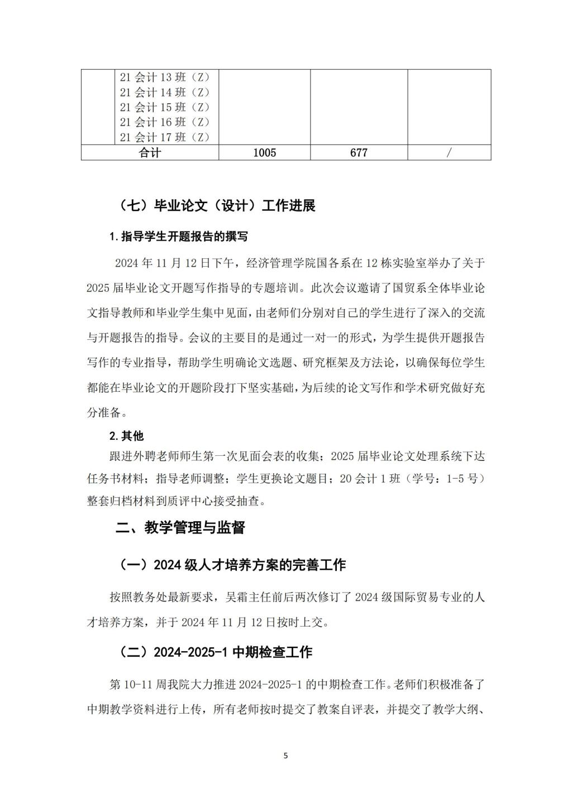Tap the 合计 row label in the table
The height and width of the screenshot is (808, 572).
(150, 152)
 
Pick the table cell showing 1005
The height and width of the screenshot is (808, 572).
(264, 152)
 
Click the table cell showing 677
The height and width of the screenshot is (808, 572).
(359, 152)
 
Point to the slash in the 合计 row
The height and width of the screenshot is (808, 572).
(449, 152)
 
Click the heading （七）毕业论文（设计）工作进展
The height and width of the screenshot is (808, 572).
(217, 206)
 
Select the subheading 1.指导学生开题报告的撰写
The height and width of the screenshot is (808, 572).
(179, 237)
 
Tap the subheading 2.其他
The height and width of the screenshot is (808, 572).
(126, 436)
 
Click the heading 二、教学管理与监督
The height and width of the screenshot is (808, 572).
(180, 528)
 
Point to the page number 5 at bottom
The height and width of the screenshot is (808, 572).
(286, 756)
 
